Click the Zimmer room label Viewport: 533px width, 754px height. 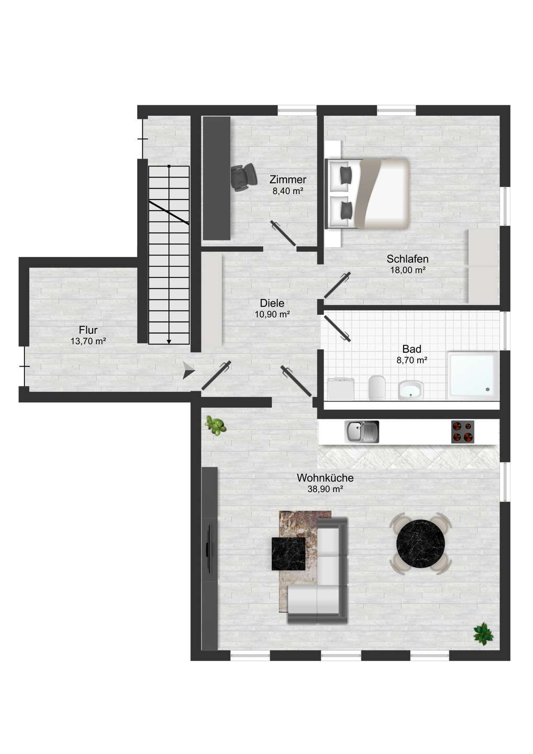[287, 180]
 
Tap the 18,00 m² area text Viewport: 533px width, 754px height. [408, 270]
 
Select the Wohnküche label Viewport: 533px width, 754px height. [325, 478]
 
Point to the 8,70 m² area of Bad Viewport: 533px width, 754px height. [412, 360]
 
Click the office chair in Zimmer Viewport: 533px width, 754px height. [242, 178]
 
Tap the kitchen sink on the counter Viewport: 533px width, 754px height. [361, 431]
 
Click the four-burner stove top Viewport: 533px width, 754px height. [463, 431]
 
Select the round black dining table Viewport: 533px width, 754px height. [420, 544]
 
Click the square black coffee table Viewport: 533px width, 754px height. [288, 554]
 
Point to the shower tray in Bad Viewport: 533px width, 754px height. [473, 375]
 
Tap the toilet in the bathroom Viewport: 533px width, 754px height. [377, 387]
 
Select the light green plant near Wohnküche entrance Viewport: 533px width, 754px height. [216, 426]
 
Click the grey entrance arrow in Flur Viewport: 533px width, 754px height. [188, 370]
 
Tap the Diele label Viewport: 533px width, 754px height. [272, 303]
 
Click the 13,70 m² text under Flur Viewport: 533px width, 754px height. [88, 341]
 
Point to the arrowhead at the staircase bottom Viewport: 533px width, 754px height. [169, 341]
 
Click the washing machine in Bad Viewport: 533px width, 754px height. [340, 389]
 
